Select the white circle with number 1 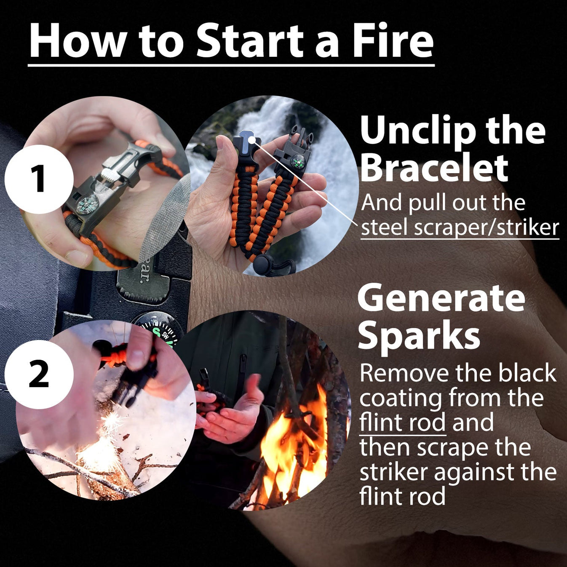tap(39, 179)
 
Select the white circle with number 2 tap(39, 374)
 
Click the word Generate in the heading tap(441, 299)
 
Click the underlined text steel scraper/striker tap(460, 227)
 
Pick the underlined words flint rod tap(402, 422)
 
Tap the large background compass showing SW tap(160, 329)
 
